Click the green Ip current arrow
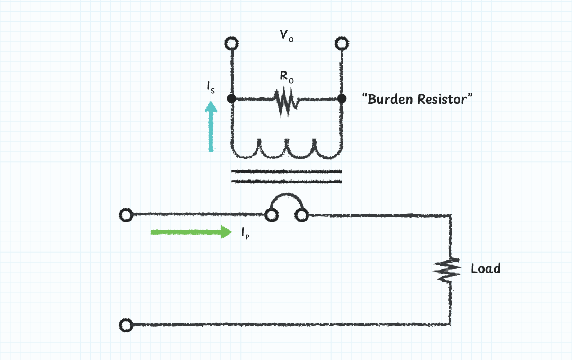(191, 232)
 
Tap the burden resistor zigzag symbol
(285, 102)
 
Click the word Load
(486, 269)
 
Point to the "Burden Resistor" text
(417, 99)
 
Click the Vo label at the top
(287, 37)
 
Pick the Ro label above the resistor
(287, 76)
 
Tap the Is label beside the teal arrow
(211, 88)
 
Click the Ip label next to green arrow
(245, 233)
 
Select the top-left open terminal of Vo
(231, 42)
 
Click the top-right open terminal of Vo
(342, 42)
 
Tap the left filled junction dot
(231, 98)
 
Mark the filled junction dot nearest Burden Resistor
(342, 98)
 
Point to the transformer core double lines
(287, 176)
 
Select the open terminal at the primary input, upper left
(126, 215)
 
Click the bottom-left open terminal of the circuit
(126, 325)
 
